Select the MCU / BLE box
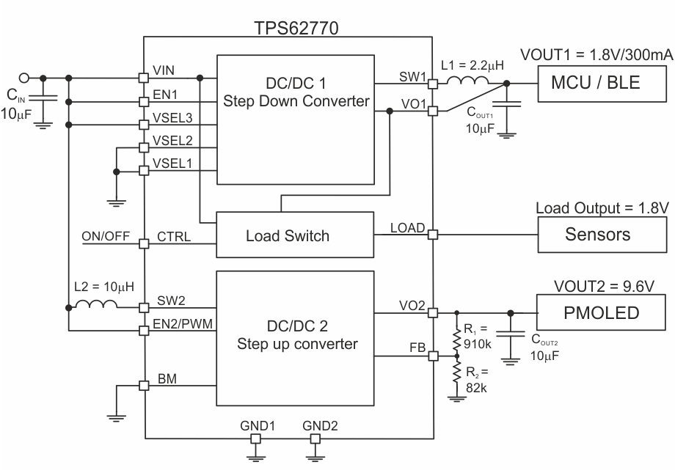point(594,83)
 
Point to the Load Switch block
point(288,235)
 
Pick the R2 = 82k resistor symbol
point(456,378)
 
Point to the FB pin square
point(433,356)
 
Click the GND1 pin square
point(256,438)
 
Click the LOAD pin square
point(433,235)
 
